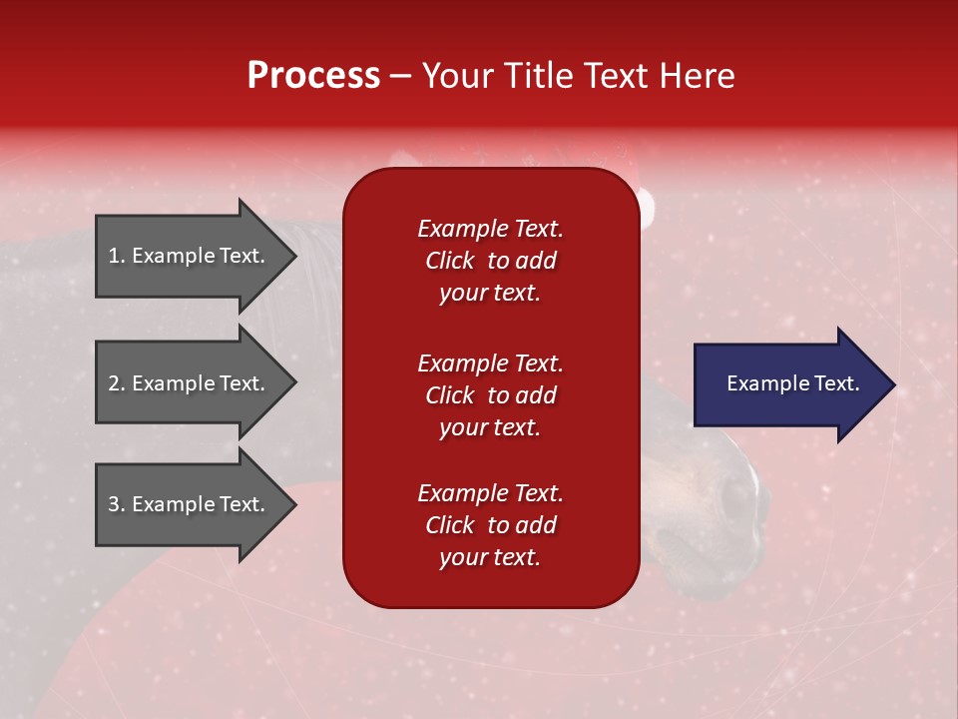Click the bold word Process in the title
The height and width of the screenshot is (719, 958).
coord(313,76)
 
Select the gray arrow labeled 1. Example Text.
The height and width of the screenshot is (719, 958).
coord(190,256)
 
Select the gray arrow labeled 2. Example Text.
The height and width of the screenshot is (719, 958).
coord(190,383)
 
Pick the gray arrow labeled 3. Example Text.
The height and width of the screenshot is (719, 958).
coord(190,504)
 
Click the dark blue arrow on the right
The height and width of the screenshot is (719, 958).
coord(788,384)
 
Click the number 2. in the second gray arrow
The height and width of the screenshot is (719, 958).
coord(117,383)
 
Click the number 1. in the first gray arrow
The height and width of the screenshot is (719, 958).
coord(117,256)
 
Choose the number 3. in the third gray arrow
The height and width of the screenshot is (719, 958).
coord(117,504)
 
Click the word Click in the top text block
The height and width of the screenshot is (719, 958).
coord(449,261)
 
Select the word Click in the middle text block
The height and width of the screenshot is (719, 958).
coord(449,395)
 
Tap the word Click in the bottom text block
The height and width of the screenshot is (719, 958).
coord(449,525)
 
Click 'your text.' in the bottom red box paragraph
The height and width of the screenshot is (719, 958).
coord(490,557)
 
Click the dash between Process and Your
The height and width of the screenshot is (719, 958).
coord(400,77)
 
